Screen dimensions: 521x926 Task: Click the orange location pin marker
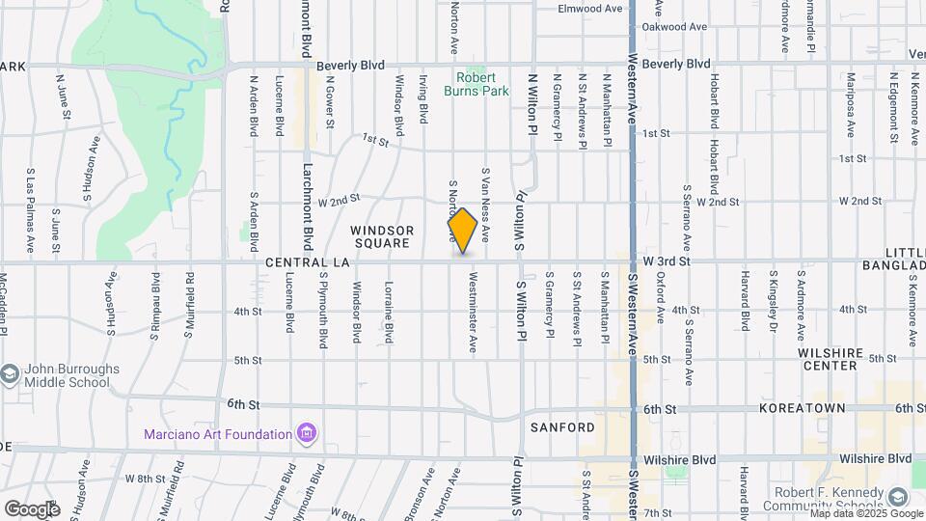click(463, 231)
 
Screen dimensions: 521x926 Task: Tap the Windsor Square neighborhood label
click(382, 236)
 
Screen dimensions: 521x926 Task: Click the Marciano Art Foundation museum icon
click(307, 433)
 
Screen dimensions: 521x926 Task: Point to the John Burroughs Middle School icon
click(10, 374)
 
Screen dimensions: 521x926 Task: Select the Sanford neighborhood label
click(562, 426)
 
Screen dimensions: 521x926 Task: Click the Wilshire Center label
click(829, 359)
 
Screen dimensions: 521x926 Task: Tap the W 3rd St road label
click(667, 261)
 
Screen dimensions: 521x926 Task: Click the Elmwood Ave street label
click(590, 9)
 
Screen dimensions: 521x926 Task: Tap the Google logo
click(32, 508)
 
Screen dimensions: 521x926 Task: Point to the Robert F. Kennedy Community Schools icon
click(898, 497)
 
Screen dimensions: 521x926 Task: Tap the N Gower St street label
click(330, 103)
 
